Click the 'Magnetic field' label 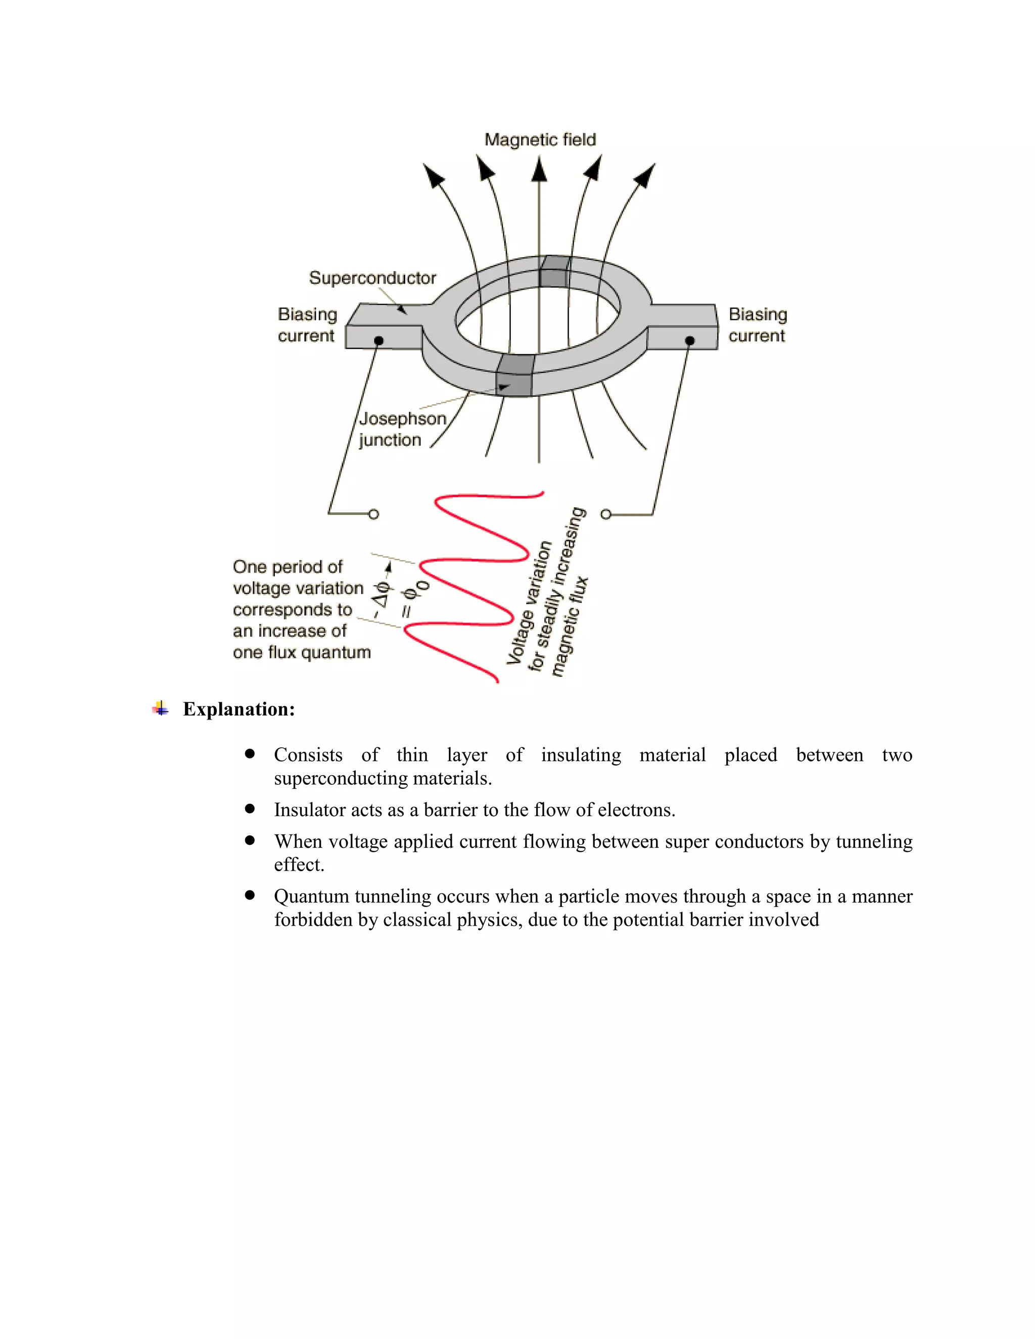point(540,140)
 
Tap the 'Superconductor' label point(372,278)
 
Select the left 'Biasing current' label point(307,325)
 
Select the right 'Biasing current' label point(757,325)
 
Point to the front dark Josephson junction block point(514,376)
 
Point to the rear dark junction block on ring point(554,272)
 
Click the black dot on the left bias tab point(379,340)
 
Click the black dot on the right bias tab point(690,340)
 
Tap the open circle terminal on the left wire point(373,514)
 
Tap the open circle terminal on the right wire point(606,514)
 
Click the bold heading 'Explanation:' point(239,709)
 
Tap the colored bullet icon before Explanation point(161,709)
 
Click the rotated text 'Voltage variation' point(529,604)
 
